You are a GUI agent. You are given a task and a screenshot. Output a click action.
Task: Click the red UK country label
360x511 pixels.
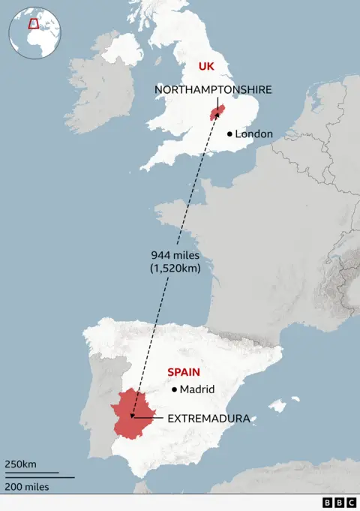[x=205, y=67]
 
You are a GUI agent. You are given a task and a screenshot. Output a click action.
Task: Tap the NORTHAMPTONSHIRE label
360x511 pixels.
[x=213, y=89]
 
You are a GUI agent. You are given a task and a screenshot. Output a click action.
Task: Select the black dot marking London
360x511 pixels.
[x=229, y=134]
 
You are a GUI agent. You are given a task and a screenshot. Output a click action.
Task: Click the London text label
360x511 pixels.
[x=253, y=134]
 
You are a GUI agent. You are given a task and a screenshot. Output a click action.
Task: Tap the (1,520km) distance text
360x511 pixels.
[x=175, y=268]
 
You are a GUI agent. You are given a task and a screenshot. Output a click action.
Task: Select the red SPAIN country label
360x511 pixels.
[x=184, y=371]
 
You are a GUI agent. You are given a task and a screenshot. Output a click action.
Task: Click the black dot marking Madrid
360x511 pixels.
[x=174, y=389]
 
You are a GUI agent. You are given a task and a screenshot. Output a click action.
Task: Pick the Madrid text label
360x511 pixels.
[x=197, y=389]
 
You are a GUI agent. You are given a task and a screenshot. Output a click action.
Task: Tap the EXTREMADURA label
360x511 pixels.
[x=208, y=418]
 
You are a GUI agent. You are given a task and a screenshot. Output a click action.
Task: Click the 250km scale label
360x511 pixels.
[x=20, y=464]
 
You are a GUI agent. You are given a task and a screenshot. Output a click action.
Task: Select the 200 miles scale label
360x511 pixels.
[x=26, y=487]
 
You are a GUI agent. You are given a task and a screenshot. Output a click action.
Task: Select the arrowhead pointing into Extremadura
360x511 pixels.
[x=133, y=415]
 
